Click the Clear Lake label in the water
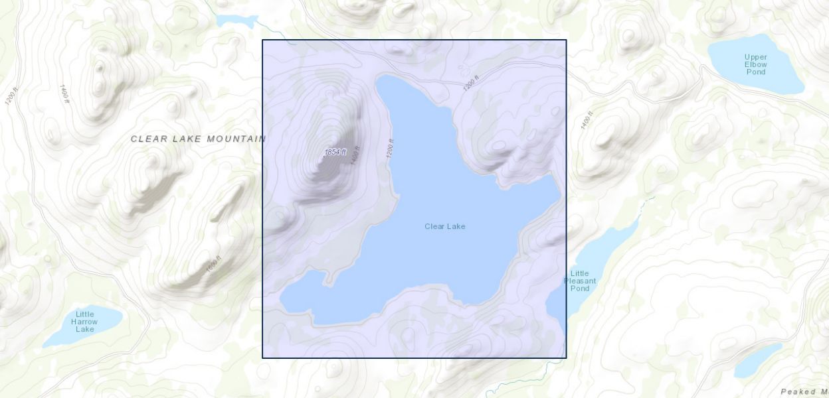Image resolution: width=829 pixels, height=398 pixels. point(444,226)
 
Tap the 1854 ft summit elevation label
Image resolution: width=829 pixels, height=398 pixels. point(335,152)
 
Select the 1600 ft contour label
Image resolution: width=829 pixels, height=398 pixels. point(213,264)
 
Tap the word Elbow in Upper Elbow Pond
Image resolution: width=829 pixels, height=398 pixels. point(755,64)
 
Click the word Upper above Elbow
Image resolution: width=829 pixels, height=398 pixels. point(755,57)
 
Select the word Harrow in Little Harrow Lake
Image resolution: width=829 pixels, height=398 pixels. point(84,322)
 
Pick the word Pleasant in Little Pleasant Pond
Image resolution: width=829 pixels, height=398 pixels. point(580,281)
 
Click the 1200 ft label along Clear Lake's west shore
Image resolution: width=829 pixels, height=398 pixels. point(390,148)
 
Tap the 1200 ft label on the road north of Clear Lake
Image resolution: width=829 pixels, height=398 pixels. point(470,83)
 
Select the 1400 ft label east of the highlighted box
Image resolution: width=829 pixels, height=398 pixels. point(586,120)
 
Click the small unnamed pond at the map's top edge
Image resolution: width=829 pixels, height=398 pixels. point(236,21)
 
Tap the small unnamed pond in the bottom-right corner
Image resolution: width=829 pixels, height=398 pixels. point(758,360)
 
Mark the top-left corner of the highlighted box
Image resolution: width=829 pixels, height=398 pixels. point(262,40)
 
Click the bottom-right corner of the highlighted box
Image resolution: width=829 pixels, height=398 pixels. point(566,358)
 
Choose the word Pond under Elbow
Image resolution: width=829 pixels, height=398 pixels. point(755,72)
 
